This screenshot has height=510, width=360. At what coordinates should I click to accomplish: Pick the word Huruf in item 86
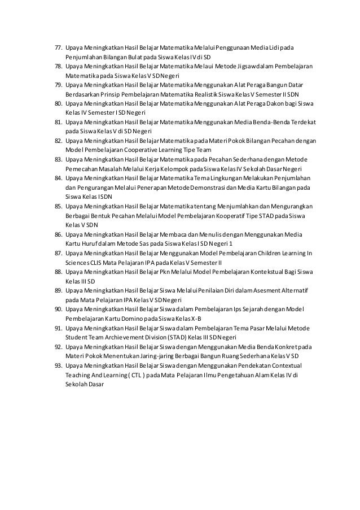click(85, 243)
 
